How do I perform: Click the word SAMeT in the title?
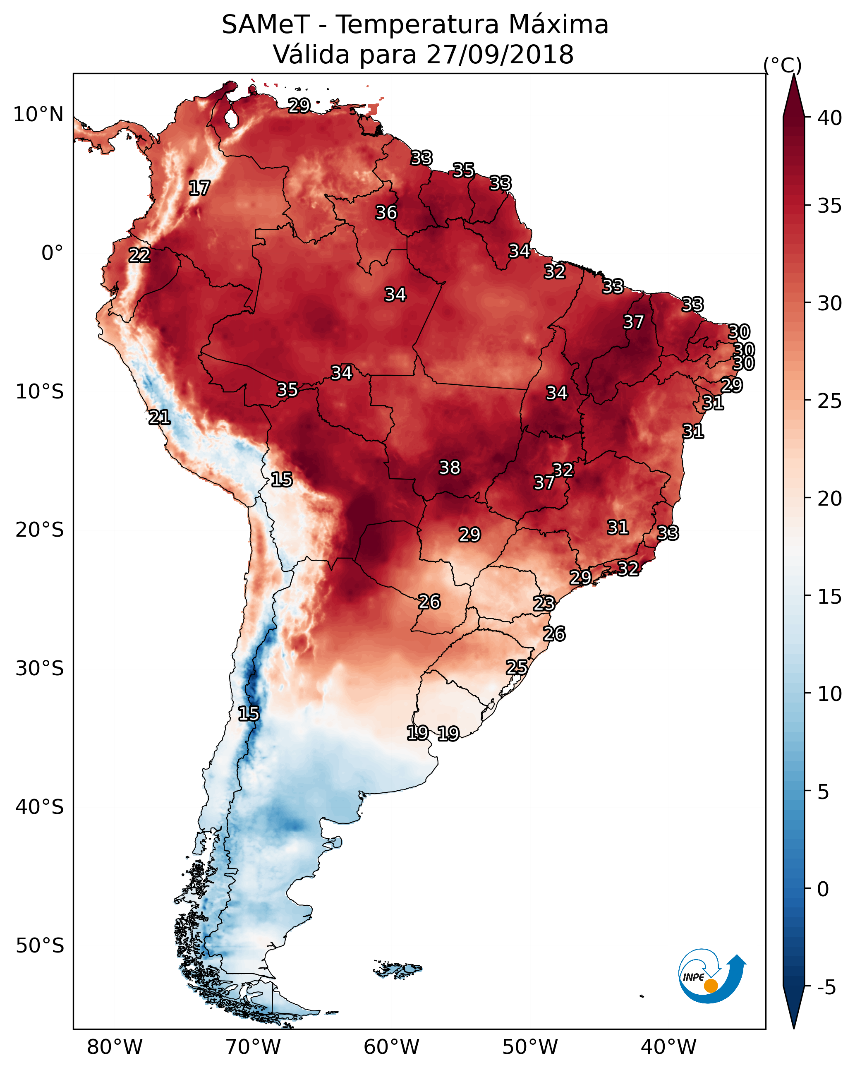(x=266, y=25)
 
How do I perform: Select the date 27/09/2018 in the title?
(x=499, y=55)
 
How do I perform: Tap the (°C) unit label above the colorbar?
(x=783, y=65)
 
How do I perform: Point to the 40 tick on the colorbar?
(x=830, y=118)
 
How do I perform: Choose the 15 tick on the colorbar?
(x=830, y=597)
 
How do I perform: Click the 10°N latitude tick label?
(x=38, y=115)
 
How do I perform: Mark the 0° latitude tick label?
(x=52, y=253)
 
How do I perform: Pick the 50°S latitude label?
(x=40, y=946)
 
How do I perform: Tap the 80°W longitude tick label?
(x=115, y=1047)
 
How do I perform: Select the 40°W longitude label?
(x=668, y=1047)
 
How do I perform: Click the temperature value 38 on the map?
(x=450, y=468)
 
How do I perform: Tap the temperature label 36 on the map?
(x=386, y=212)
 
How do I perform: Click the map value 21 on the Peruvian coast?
(x=159, y=417)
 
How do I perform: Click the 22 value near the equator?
(x=139, y=255)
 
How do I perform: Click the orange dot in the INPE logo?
(x=711, y=986)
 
